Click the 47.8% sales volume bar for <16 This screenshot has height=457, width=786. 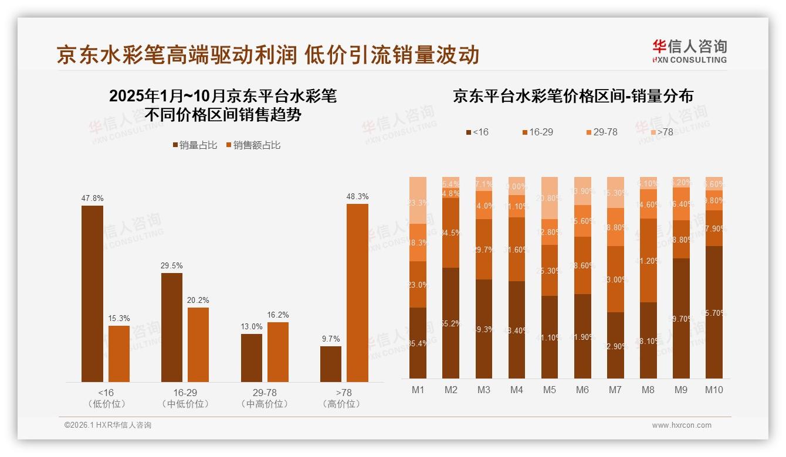pyautogui.click(x=92, y=294)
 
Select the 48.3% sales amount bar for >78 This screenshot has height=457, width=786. pyautogui.click(x=357, y=293)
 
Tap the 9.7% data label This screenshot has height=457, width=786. pyautogui.click(x=330, y=339)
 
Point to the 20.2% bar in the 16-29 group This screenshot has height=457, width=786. pyautogui.click(x=198, y=345)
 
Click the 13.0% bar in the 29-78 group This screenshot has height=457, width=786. pyautogui.click(x=252, y=358)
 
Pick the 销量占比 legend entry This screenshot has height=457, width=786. pyautogui.click(x=195, y=145)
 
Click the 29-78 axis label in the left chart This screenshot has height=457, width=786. pyautogui.click(x=264, y=393)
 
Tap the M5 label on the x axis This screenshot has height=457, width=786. pyautogui.click(x=550, y=390)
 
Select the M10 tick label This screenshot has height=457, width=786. pyautogui.click(x=714, y=390)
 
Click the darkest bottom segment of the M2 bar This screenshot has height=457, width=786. pyautogui.click(x=450, y=323)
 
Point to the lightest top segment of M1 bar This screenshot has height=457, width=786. pyautogui.click(x=418, y=200)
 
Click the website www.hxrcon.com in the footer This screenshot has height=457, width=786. pyautogui.click(x=682, y=425)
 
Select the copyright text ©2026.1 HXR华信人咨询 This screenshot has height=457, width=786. pyautogui.click(x=108, y=425)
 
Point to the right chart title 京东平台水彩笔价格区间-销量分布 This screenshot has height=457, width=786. pyautogui.click(x=572, y=96)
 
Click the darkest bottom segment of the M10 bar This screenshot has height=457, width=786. pyautogui.click(x=714, y=312)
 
